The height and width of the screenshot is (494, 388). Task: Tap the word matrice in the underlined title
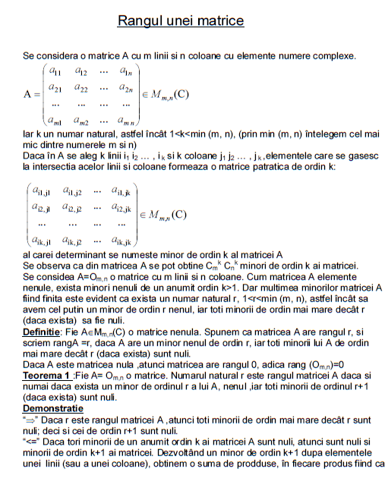pyautogui.click(x=222, y=20)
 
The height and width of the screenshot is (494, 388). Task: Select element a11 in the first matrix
pyautogui.click(x=55, y=71)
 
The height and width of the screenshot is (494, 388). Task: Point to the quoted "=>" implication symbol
pyautogui.click(x=31, y=418)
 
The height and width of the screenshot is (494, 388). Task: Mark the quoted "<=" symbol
pyautogui.click(x=31, y=441)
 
